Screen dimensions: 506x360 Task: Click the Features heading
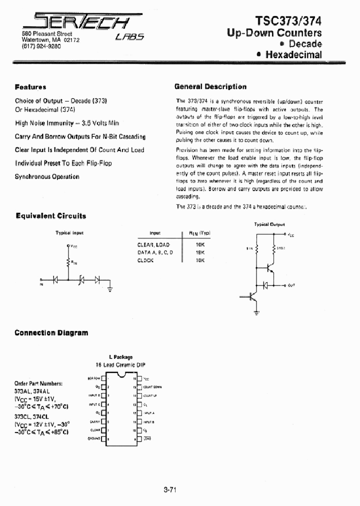click(x=30, y=87)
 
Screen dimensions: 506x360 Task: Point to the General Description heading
click(x=210, y=86)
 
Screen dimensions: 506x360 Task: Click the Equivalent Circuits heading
click(x=50, y=216)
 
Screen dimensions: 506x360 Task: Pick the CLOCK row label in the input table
click(x=145, y=260)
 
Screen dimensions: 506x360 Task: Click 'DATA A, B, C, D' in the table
click(x=155, y=252)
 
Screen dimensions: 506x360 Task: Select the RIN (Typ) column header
click(x=199, y=233)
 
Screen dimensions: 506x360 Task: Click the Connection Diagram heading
click(x=51, y=332)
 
